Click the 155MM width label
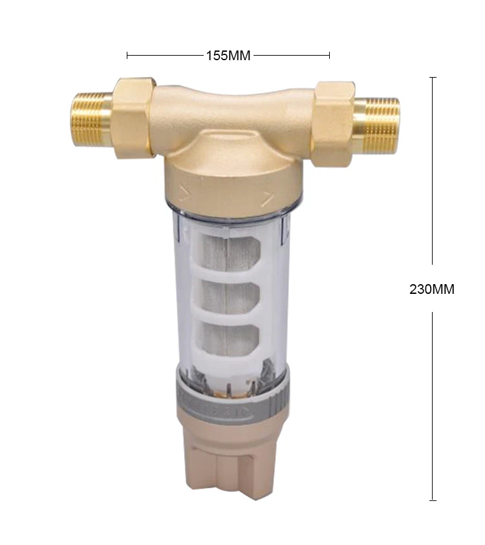click(x=228, y=56)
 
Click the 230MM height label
click(x=431, y=289)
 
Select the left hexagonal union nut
click(x=133, y=118)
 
